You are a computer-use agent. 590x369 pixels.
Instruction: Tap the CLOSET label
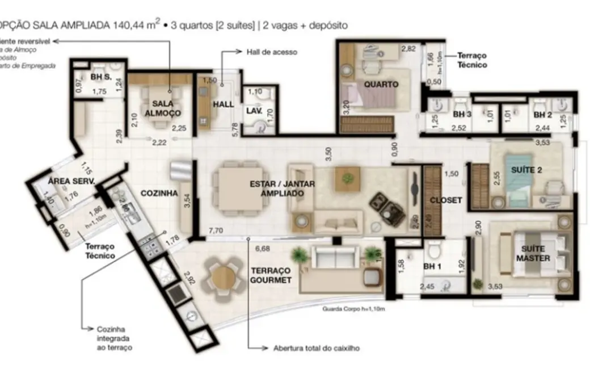(446, 200)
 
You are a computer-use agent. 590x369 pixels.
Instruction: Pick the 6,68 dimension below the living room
(262, 248)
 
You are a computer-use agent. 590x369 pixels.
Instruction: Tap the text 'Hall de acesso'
(272, 52)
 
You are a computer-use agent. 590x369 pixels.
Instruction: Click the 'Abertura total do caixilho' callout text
(316, 347)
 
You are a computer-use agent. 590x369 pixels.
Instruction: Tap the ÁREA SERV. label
(71, 181)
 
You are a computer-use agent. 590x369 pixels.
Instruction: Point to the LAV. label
(253, 111)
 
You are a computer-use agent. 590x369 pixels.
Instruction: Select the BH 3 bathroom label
(462, 115)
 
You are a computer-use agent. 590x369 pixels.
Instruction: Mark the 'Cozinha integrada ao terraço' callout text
(109, 338)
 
